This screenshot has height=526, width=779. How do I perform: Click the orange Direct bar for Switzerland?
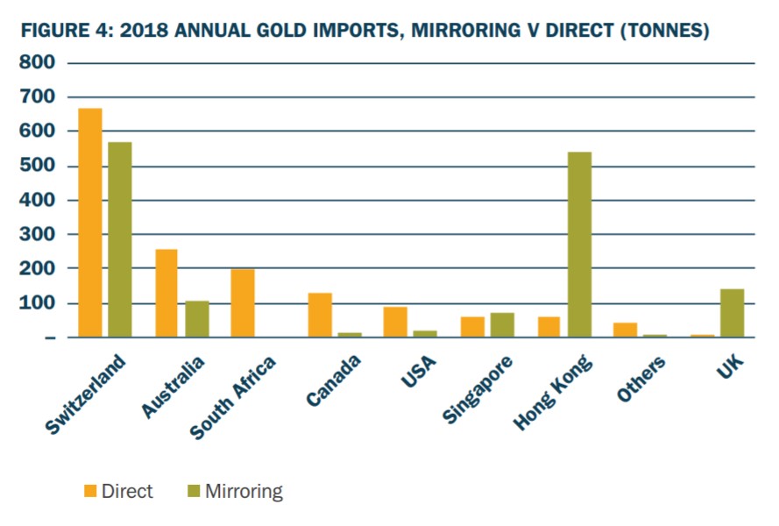pos(90,223)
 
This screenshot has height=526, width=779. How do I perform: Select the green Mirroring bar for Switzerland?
pos(120,239)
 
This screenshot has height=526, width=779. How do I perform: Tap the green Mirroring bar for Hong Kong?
pos(579,245)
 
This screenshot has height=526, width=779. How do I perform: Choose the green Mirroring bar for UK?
pos(731,313)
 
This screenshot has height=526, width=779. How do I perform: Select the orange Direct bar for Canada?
pos(319,315)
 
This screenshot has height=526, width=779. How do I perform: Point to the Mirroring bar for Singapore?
pos(502,324)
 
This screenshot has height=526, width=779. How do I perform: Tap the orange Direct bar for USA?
pos(395,322)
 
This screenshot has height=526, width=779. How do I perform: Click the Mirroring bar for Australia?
pos(196,319)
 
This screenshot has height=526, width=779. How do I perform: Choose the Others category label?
pos(641,379)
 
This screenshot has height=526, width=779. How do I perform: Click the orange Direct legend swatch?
pos(90,492)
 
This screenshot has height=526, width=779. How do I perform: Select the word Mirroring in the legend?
pos(244,492)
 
